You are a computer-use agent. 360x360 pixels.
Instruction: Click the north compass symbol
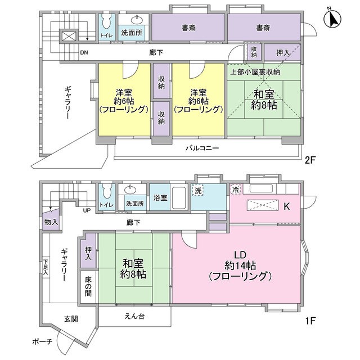click(332, 19)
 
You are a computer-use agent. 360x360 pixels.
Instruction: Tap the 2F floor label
click(310, 160)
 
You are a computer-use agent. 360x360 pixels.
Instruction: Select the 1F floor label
click(310, 321)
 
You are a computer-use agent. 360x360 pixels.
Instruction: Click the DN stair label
click(84, 52)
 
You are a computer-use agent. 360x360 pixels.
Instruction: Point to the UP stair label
click(87, 210)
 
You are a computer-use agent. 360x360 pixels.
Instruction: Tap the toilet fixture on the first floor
click(107, 191)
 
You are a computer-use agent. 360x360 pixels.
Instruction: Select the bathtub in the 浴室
click(179, 197)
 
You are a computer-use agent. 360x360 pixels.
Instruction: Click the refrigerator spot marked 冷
click(236, 190)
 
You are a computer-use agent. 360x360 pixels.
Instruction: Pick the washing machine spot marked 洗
click(197, 190)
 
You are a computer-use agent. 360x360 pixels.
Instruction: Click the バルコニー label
click(202, 148)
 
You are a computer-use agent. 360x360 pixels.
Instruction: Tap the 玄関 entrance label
click(71, 319)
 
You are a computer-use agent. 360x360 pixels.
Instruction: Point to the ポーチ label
click(42, 341)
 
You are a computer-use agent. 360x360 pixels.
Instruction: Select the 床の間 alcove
click(88, 287)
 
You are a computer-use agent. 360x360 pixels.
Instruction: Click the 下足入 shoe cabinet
click(46, 267)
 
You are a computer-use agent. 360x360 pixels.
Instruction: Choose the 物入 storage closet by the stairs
click(51, 221)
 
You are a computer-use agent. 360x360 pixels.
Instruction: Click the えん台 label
click(134, 316)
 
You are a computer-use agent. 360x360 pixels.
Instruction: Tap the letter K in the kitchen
click(287, 206)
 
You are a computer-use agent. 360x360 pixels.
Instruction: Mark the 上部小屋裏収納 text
click(255, 72)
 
